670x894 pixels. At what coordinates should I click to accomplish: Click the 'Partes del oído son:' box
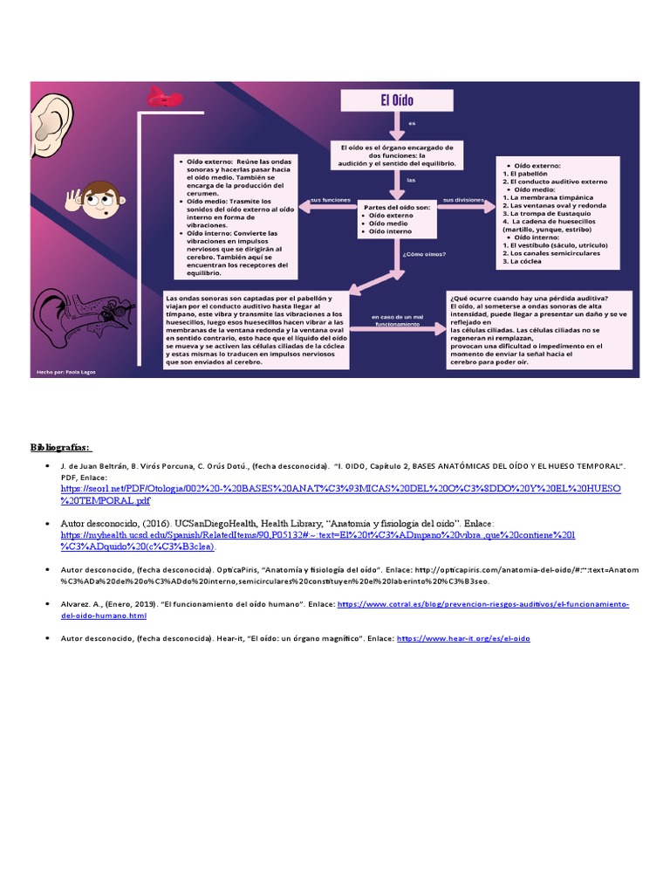(397, 218)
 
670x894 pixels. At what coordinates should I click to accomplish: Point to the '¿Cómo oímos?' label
(425, 254)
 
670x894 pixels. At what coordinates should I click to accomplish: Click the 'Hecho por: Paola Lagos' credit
(65, 372)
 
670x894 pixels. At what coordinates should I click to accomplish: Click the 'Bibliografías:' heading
(61, 447)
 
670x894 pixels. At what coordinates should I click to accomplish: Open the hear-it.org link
(463, 638)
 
